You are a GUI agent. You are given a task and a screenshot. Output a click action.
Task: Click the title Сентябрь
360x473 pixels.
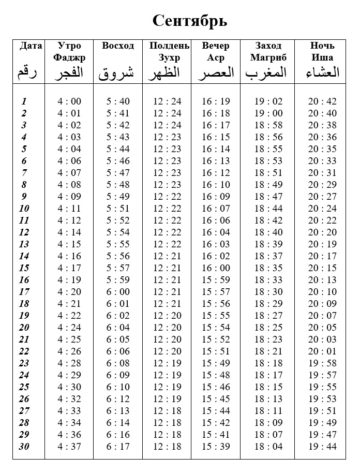190,21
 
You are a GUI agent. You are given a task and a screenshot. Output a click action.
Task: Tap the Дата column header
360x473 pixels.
31,46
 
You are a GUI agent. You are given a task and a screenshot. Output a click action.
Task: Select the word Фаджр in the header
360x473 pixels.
69,57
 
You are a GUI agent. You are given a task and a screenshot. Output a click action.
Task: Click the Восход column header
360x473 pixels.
118,46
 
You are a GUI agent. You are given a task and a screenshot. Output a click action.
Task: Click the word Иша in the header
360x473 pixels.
323,57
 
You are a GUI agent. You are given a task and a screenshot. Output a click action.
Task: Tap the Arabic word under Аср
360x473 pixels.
216,72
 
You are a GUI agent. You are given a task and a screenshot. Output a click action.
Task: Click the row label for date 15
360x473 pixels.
24,268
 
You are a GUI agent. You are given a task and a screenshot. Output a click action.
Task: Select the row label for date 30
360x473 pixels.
24,447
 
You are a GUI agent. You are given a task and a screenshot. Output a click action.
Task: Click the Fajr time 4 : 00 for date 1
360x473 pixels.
69,101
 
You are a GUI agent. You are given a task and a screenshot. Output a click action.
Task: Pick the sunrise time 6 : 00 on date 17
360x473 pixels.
118,292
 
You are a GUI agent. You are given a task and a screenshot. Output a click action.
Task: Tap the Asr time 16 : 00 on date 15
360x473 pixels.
216,268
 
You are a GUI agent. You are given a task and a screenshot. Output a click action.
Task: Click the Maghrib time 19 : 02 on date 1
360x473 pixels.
268,101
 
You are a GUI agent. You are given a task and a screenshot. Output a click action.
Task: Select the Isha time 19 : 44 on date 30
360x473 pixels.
322,447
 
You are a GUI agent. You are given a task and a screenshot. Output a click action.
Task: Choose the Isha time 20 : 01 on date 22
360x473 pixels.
322,351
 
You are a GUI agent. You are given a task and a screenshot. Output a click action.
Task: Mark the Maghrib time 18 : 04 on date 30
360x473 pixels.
268,447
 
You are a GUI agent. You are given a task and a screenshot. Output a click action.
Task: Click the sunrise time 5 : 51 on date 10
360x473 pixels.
118,209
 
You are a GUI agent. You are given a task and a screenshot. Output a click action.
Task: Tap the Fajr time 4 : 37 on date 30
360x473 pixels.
69,447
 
